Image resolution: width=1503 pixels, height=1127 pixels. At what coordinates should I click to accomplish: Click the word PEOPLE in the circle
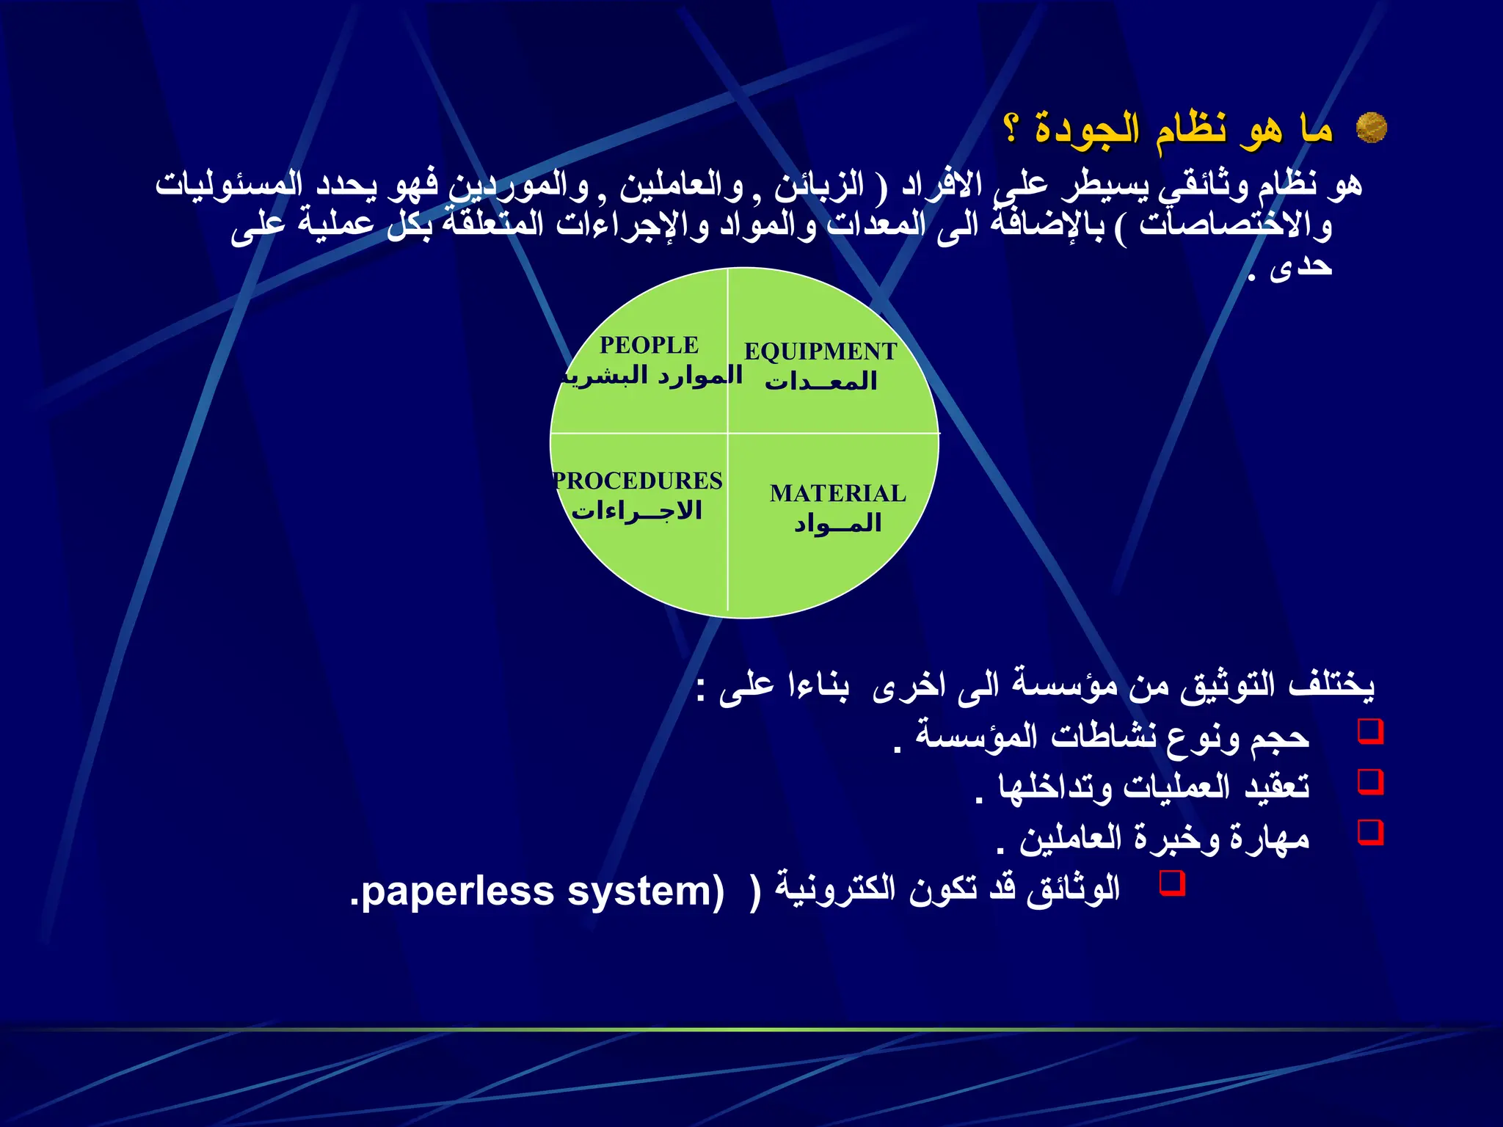coord(649,345)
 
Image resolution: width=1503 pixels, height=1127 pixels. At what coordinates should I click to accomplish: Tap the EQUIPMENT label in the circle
coord(820,351)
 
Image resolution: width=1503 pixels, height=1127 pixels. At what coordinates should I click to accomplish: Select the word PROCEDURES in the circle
coord(638,481)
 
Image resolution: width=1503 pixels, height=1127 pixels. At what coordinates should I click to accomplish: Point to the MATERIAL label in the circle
coord(837,493)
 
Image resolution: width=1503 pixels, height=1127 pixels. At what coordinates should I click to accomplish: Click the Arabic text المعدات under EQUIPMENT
coord(821,382)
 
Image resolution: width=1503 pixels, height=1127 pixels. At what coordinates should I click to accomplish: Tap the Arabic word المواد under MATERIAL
coord(837,523)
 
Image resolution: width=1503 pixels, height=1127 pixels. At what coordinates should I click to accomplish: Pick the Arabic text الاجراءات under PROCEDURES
coord(637,510)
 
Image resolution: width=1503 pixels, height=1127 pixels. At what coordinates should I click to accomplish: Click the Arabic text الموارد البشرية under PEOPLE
coord(652,376)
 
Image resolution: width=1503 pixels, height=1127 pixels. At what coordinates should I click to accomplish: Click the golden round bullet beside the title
coord(1370,128)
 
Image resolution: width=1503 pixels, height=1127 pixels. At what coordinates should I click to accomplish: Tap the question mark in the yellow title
coord(1012,129)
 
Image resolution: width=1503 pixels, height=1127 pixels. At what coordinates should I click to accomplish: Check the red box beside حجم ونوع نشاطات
coord(1370,732)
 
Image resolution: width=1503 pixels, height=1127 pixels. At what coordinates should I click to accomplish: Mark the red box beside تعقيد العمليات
coord(1370,781)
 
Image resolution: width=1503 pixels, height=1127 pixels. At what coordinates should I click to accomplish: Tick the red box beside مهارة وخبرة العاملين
coord(1370,832)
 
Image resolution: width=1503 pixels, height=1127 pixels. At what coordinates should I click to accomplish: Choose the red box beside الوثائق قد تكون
coord(1171,882)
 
